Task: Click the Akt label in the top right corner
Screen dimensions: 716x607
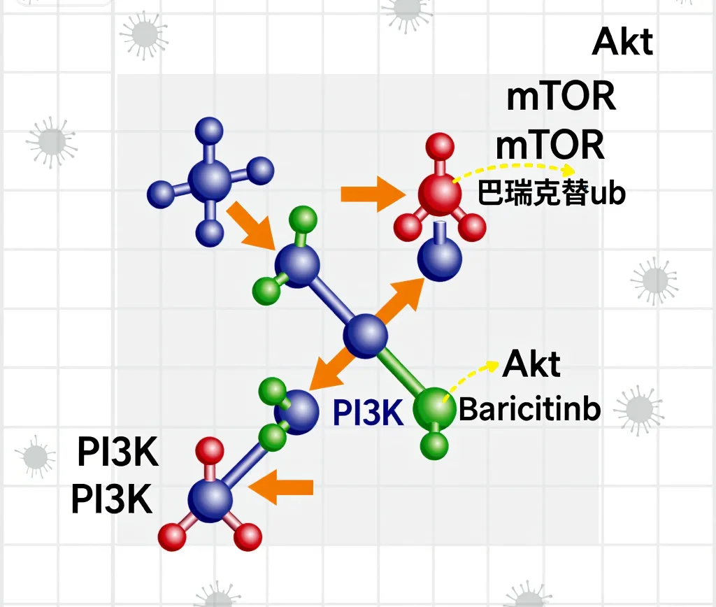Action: point(622,41)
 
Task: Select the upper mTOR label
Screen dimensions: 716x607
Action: point(561,96)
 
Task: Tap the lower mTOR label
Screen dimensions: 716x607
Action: point(550,144)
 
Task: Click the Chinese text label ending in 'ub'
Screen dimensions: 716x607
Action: point(551,193)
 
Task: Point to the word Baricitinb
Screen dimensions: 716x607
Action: point(529,409)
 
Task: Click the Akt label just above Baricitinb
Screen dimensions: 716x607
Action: point(531,364)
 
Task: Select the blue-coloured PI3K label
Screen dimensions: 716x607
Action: point(368,413)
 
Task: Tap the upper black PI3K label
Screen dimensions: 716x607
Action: point(117,451)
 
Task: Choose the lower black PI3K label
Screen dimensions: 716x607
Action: point(112,499)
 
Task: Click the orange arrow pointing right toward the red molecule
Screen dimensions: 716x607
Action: point(373,194)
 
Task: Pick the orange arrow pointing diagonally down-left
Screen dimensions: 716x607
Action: point(332,366)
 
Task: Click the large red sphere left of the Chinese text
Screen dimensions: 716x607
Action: point(439,194)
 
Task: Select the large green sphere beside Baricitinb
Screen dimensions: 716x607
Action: point(434,408)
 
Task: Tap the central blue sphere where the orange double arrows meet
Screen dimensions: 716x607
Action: point(365,335)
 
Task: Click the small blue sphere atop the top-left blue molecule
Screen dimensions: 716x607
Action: point(209,131)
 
